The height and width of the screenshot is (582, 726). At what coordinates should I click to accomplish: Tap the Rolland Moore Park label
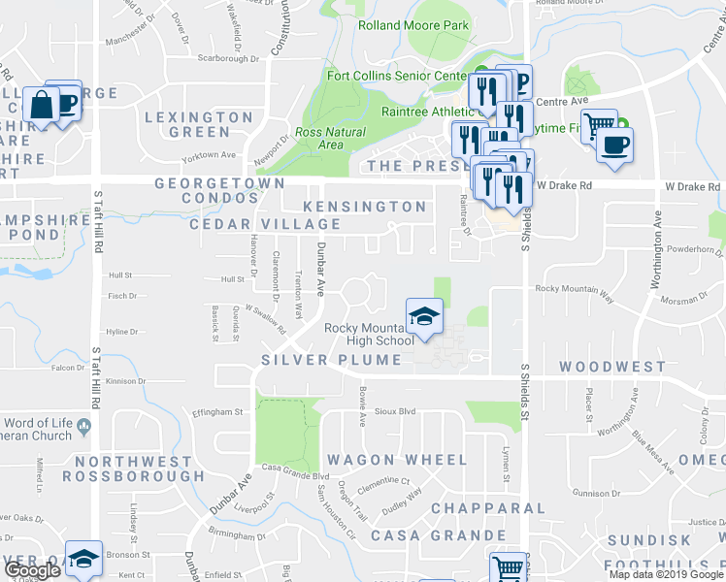click(413, 25)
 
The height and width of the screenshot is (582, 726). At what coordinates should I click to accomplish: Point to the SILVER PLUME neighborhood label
click(331, 360)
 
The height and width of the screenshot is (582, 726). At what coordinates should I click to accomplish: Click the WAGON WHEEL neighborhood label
click(389, 459)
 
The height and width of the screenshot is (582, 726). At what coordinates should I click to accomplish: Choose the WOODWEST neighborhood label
click(612, 368)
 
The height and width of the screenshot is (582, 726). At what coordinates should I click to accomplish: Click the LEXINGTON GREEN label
click(198, 124)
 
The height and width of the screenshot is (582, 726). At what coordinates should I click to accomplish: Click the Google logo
click(32, 569)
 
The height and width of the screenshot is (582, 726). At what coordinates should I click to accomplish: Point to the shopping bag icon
click(44, 105)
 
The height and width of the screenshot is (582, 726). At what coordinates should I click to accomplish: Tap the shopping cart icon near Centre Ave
click(599, 124)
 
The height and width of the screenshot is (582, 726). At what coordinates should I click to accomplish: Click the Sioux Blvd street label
click(395, 411)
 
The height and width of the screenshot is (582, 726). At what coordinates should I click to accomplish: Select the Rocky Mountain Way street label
click(575, 289)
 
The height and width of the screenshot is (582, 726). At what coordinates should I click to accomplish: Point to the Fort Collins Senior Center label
click(412, 76)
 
